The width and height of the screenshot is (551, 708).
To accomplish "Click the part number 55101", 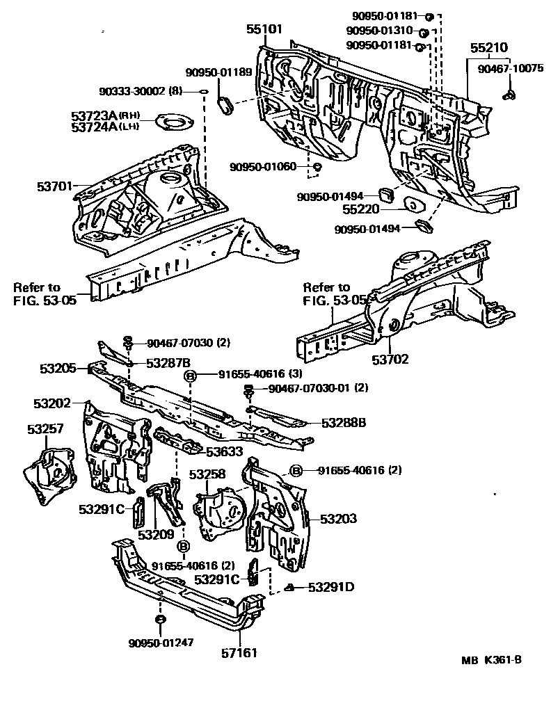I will coord(264,29).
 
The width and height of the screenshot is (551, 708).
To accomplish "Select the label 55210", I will coord(488,48).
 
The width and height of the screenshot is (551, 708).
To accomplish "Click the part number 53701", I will coord(54,186).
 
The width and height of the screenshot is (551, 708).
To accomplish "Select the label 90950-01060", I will coord(264,166).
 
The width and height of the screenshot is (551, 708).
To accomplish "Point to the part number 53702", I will coord(390,360).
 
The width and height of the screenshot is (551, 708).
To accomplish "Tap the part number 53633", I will coord(224,452).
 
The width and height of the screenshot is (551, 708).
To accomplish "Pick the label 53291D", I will coord(330,587).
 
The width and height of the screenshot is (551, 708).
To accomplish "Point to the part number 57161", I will coord(240,653).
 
